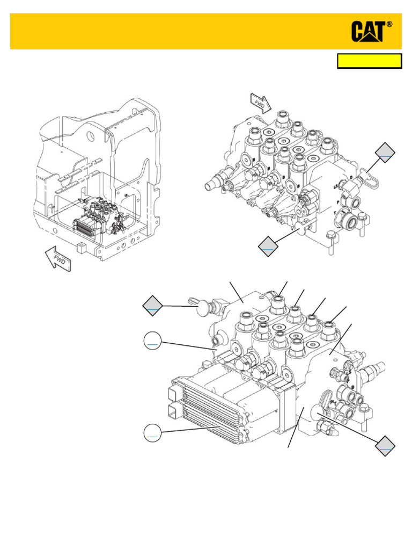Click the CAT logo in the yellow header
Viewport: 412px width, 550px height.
(368, 32)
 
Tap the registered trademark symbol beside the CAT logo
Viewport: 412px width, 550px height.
(389, 25)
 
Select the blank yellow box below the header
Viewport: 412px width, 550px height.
(369, 61)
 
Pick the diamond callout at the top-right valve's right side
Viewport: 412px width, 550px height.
(385, 153)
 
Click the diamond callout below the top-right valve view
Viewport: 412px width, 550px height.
(268, 245)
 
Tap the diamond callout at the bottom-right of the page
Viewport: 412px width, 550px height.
(386, 446)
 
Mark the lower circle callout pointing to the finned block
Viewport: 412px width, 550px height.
(153, 433)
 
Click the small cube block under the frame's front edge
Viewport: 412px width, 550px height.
(82, 248)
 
